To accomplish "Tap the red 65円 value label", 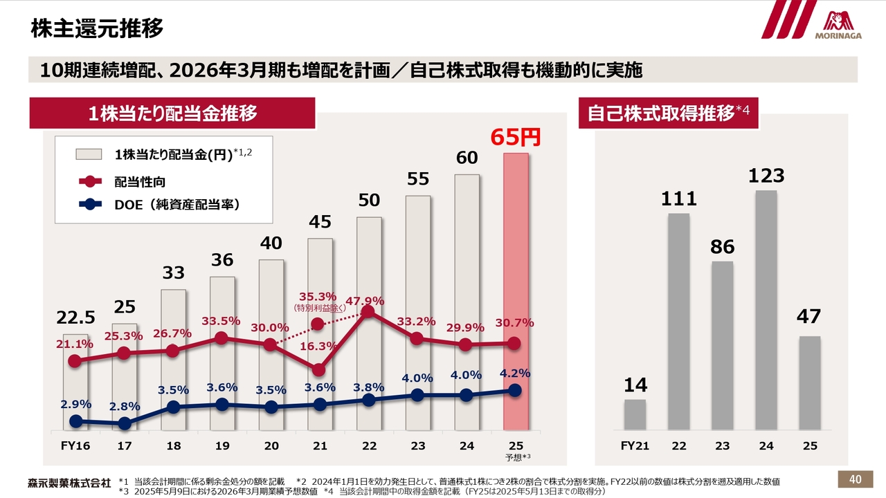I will click(x=515, y=137).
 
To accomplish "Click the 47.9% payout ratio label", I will click(x=365, y=301).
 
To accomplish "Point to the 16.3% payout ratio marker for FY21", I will click(x=318, y=370).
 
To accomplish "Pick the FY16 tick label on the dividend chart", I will click(x=75, y=446).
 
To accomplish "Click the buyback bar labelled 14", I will click(x=635, y=414).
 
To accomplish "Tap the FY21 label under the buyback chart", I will click(x=635, y=446).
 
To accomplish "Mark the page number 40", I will click(x=856, y=479).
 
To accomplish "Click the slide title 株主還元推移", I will click(x=97, y=29).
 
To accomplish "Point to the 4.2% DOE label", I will click(x=514, y=373).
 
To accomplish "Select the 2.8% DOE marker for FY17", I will click(x=125, y=423).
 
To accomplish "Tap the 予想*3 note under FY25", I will click(x=516, y=457).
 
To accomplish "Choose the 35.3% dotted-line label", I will click(x=318, y=297).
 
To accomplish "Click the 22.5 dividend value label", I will click(x=75, y=317).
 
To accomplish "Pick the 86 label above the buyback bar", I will click(x=722, y=247).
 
